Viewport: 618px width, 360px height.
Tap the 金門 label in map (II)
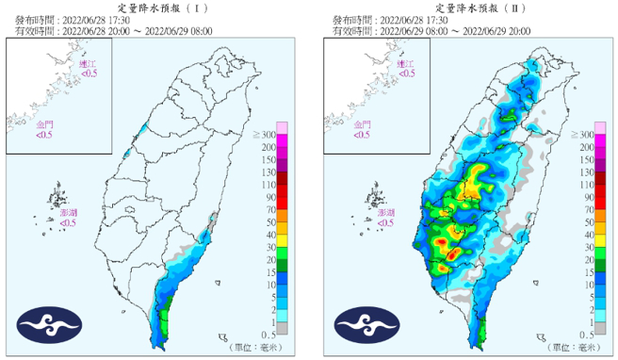point(362,125)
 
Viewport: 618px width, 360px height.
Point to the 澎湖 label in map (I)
point(68,214)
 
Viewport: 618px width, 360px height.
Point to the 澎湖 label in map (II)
point(385,214)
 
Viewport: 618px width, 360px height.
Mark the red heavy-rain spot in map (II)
point(455,254)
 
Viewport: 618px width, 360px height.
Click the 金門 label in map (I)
point(44,125)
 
